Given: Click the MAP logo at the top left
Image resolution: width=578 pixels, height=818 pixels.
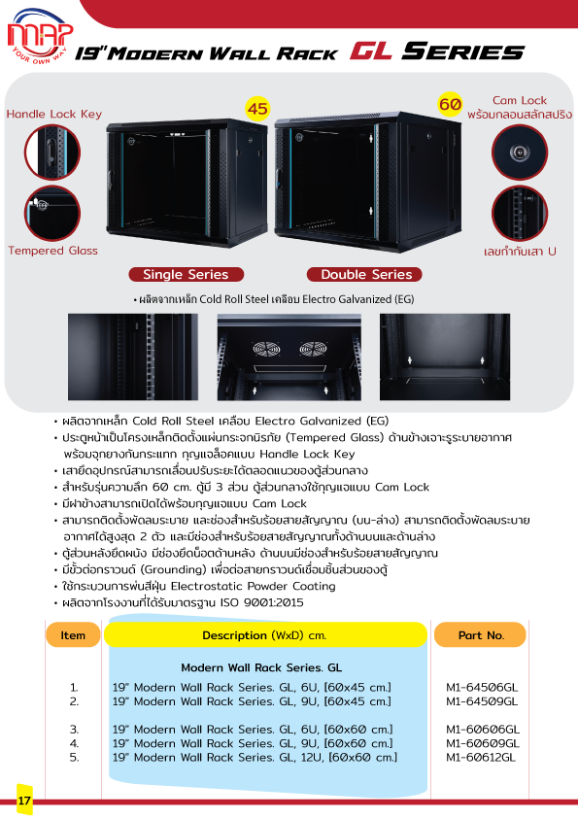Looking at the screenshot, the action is pyautogui.click(x=40, y=36).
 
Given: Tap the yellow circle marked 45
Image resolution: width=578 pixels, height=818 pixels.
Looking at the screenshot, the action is pyautogui.click(x=257, y=109).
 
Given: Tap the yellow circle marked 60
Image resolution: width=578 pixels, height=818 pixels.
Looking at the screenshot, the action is pyautogui.click(x=450, y=104).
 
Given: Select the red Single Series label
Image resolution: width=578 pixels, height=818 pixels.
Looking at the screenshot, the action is pyautogui.click(x=186, y=274).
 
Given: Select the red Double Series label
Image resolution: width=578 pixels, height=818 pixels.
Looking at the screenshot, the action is pyautogui.click(x=366, y=274).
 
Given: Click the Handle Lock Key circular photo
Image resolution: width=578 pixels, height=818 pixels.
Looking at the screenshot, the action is pyautogui.click(x=52, y=153).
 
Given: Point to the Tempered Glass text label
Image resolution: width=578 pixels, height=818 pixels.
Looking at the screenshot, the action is pyautogui.click(x=52, y=251).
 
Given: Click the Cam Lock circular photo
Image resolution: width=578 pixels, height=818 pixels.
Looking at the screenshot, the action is pyautogui.click(x=520, y=153).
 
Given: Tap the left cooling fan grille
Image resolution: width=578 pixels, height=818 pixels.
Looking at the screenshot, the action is pyautogui.click(x=264, y=350).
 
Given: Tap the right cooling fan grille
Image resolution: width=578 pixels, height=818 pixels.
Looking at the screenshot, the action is pyautogui.click(x=312, y=350).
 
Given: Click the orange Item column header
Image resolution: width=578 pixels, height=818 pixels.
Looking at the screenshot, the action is pyautogui.click(x=73, y=635).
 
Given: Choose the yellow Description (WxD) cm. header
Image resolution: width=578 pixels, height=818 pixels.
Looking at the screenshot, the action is pyautogui.click(x=265, y=635).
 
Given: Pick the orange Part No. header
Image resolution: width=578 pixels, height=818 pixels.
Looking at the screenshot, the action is pyautogui.click(x=481, y=635).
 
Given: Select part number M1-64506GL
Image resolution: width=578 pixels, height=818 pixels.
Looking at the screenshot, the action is pyautogui.click(x=482, y=687).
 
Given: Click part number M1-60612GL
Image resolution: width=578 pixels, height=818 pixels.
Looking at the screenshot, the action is pyautogui.click(x=481, y=757).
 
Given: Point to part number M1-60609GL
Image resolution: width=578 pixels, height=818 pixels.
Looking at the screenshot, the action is pyautogui.click(x=483, y=743).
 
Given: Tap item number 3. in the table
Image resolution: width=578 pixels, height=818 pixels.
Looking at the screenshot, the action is pyautogui.click(x=75, y=729).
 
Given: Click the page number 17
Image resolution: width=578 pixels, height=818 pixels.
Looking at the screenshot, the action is pyautogui.click(x=24, y=801).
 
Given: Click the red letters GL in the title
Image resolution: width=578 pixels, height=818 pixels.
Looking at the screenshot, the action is pyautogui.click(x=371, y=51).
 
